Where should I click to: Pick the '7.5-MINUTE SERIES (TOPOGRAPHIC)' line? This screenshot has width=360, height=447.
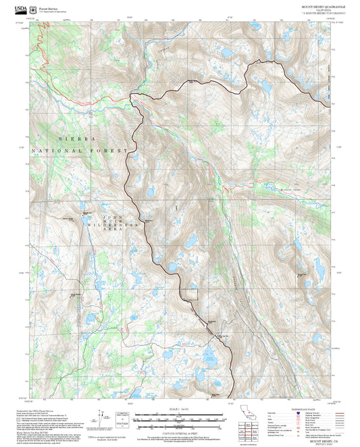pos(323,14)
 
